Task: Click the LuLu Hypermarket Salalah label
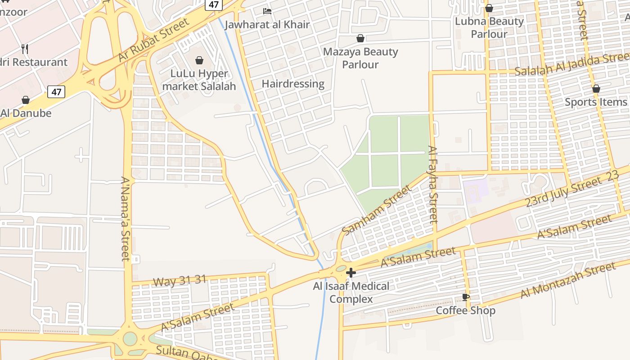(x=199, y=80)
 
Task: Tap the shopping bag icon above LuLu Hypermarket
(x=199, y=60)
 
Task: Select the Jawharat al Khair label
(x=267, y=24)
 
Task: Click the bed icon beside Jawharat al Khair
(x=267, y=11)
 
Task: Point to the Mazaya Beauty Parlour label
(x=360, y=58)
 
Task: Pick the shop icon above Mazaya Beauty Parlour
(x=360, y=38)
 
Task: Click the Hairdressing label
(x=293, y=84)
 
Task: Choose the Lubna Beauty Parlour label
(x=489, y=27)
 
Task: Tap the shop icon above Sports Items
(x=596, y=89)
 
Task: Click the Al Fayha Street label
(x=433, y=184)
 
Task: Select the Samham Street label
(x=377, y=210)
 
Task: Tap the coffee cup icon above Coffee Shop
(x=466, y=297)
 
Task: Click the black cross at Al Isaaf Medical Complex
(x=351, y=272)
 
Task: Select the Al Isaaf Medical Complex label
(x=351, y=292)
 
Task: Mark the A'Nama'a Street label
(x=126, y=219)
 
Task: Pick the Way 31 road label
(x=180, y=281)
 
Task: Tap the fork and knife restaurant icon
(x=25, y=49)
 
